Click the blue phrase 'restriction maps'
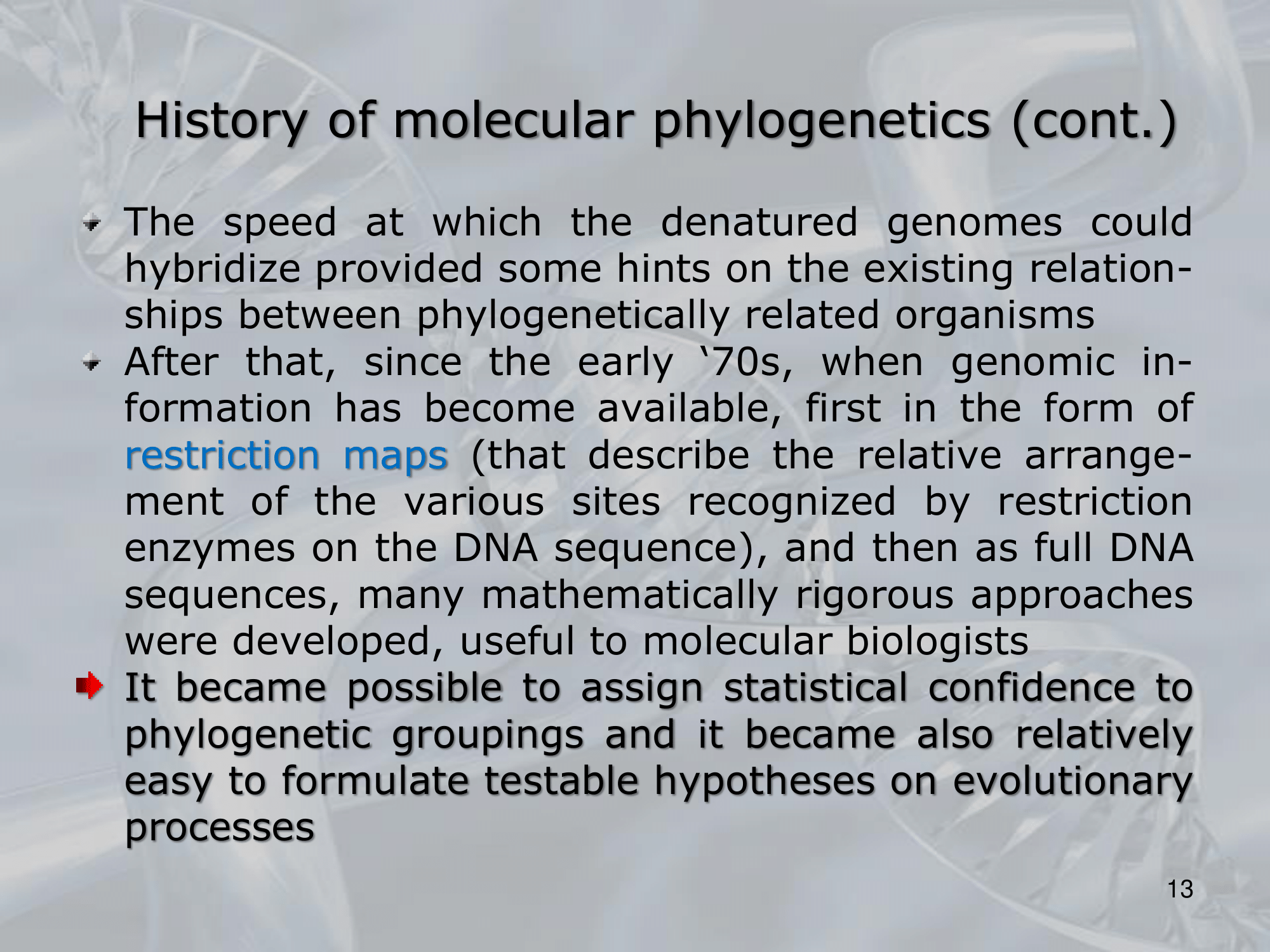[286, 455]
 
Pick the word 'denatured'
[759, 222]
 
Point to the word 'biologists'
[937, 641]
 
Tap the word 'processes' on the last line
[220, 829]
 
